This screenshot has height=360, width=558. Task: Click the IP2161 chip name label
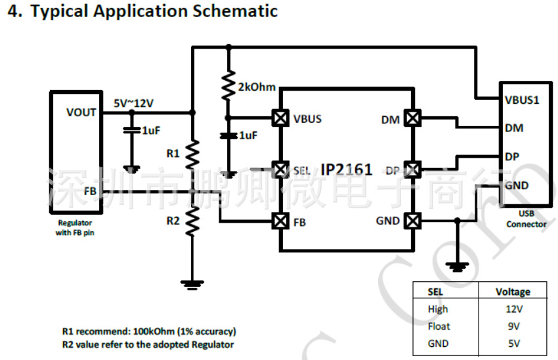(x=347, y=170)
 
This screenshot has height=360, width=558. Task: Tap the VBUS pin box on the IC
(x=280, y=118)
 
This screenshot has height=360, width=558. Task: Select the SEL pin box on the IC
(x=280, y=169)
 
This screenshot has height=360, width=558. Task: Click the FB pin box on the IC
(x=280, y=221)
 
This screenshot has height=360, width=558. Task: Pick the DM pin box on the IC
(x=412, y=118)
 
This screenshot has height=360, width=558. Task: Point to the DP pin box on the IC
(x=412, y=169)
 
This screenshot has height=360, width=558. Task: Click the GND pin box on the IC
(x=412, y=221)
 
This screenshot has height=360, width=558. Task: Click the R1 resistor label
(x=173, y=154)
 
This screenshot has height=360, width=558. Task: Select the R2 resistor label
(x=173, y=221)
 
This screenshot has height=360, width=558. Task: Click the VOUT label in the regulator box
(x=81, y=112)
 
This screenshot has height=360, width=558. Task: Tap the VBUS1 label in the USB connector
(x=522, y=101)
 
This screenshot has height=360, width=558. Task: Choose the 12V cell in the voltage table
(x=513, y=309)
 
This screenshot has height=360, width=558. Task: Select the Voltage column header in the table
(x=513, y=292)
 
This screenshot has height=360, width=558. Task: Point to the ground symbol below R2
(x=192, y=283)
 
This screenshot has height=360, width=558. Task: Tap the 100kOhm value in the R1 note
(x=149, y=332)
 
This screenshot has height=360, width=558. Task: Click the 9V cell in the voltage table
(x=513, y=326)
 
